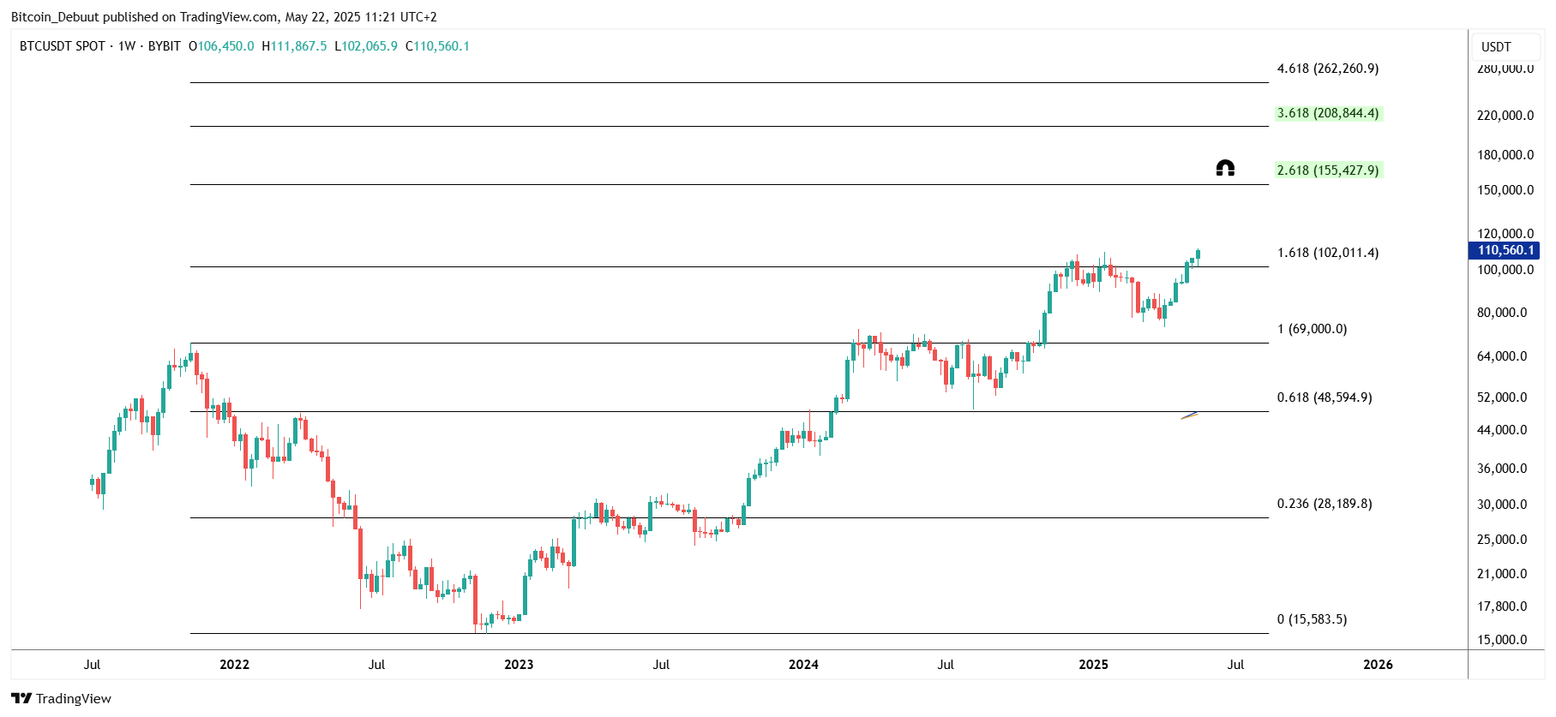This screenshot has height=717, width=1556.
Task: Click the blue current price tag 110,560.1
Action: (1505, 250)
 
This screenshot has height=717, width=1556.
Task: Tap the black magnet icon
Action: (1225, 168)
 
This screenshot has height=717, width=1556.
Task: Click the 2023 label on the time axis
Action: (519, 665)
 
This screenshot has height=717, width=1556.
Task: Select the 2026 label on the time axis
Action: (1378, 665)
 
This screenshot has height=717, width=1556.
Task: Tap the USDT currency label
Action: (1496, 47)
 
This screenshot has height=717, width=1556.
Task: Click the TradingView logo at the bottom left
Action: (61, 699)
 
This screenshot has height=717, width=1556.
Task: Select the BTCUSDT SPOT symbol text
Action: (63, 46)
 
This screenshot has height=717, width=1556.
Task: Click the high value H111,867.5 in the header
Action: (294, 46)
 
